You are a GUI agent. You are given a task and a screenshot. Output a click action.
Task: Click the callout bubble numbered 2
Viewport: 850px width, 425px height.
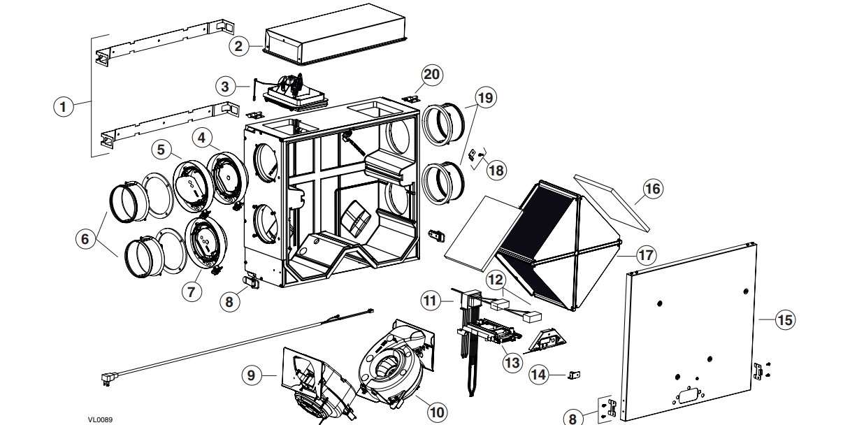[238, 46]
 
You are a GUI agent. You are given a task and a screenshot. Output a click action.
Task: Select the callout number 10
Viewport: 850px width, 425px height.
[437, 412]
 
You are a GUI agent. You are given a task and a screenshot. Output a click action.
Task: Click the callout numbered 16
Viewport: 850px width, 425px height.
[651, 188]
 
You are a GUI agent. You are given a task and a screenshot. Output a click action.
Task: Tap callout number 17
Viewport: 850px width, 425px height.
[646, 254]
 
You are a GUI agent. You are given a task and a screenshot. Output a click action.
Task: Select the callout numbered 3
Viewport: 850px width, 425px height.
[224, 87]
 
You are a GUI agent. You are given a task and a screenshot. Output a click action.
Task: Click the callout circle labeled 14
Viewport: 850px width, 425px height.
[538, 374]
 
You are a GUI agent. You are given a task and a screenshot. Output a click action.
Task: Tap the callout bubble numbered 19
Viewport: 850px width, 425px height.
[485, 97]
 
